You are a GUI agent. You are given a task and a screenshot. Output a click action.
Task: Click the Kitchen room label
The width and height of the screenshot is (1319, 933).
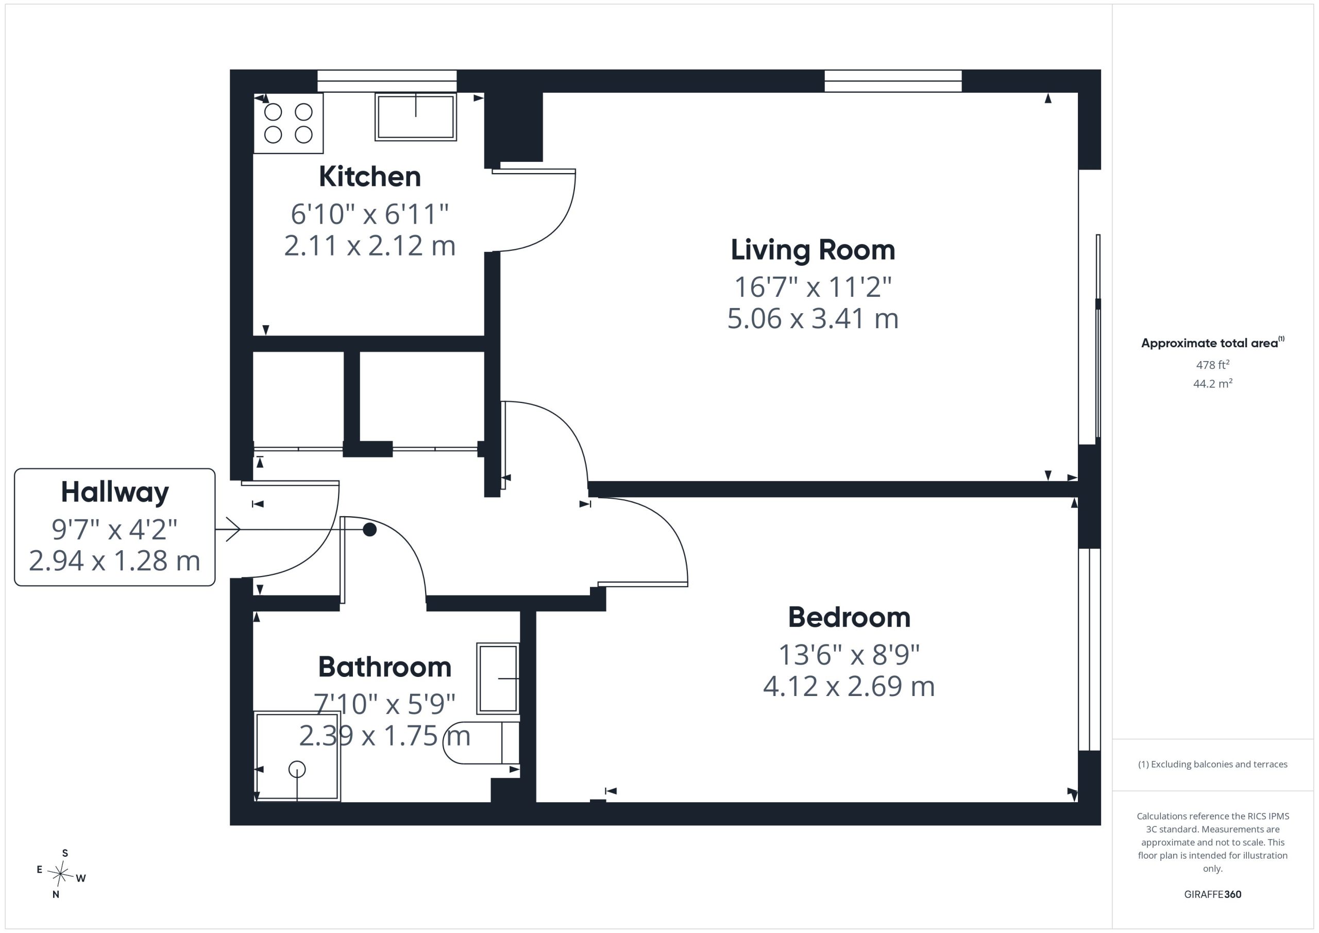369,176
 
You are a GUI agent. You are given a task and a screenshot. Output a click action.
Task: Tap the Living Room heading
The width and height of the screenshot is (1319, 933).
813,250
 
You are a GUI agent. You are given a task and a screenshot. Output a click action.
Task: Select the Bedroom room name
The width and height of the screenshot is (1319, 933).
849,618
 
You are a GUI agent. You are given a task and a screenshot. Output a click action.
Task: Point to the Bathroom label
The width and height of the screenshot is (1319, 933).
384,667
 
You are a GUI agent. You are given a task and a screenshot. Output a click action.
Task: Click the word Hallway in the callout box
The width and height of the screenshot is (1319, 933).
115,493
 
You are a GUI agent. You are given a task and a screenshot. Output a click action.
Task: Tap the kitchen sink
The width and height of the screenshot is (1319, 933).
415,116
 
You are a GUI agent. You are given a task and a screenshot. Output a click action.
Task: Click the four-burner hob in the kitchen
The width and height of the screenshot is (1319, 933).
289,123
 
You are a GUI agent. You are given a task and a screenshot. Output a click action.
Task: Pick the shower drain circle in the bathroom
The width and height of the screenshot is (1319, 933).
297,769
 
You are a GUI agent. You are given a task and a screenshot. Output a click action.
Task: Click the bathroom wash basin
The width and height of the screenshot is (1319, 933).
498,678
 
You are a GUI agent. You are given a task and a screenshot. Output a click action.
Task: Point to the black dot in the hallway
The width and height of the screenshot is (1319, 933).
370,530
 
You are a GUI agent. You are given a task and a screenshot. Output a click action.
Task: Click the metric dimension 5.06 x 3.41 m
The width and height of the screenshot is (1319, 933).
813,319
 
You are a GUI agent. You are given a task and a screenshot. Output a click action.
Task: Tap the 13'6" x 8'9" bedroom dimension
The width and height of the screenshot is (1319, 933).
849,654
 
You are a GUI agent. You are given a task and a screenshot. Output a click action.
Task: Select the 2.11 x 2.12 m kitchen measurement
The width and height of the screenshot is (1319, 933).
369,246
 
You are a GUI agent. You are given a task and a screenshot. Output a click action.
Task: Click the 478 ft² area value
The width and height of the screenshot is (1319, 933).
1213,365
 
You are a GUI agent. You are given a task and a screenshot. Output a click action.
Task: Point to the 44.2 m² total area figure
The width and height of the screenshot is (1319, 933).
1213,384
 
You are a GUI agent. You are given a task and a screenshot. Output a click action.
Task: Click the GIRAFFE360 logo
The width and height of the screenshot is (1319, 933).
1213,894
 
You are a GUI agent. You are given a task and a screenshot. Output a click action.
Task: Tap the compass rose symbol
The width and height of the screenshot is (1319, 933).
60,874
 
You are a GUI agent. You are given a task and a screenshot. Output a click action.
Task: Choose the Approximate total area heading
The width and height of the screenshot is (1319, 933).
1213,343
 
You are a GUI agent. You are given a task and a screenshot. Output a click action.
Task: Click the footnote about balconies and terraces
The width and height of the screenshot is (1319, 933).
1213,764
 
